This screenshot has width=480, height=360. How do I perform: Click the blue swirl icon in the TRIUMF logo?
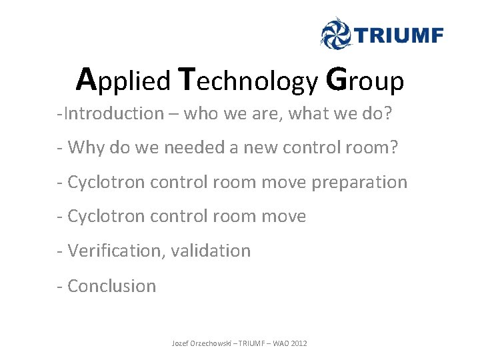pos(336,33)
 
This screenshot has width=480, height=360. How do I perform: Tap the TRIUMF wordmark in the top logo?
pos(398,33)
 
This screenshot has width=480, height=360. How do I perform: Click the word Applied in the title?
pos(124,80)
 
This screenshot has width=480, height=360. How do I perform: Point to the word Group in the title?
pos(365,81)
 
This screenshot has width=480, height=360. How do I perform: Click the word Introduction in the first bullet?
pos(113,113)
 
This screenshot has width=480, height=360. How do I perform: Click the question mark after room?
pos(393,147)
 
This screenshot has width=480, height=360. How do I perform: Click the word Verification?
pos(116,251)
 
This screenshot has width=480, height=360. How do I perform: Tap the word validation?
pos(211,251)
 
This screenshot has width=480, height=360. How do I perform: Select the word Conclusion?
pos(111,285)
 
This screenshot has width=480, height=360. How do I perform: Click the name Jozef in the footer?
pos(181,343)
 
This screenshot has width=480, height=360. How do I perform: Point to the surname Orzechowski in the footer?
pos(215,343)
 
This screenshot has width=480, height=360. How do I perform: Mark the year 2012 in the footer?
pos(300,343)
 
